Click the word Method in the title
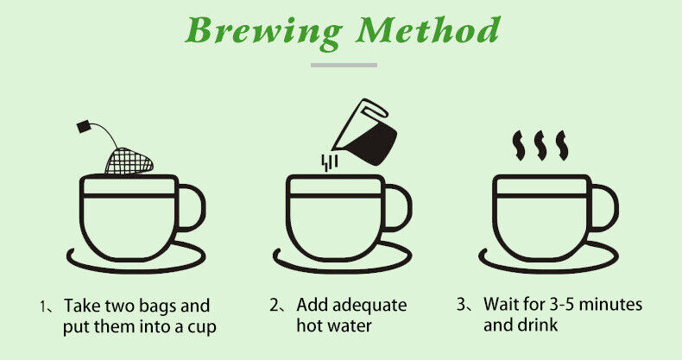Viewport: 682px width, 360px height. (428, 30)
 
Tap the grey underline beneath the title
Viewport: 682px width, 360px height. (344, 66)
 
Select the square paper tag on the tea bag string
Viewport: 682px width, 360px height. (85, 127)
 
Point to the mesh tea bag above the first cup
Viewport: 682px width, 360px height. (129, 161)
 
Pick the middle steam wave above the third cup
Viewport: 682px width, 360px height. (540, 146)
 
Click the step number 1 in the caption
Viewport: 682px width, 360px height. (42, 306)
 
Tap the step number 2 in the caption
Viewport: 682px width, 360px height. (274, 306)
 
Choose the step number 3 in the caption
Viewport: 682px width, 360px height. (462, 304)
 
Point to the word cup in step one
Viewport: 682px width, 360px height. (202, 327)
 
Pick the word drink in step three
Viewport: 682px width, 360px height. (539, 325)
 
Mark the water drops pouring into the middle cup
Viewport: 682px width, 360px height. (329, 162)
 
